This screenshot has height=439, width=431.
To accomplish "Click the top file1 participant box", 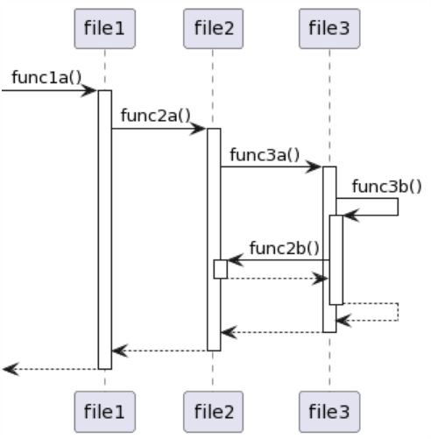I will (104, 29).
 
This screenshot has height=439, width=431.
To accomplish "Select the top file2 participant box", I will (213, 29).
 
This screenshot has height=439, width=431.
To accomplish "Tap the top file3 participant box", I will (329, 29).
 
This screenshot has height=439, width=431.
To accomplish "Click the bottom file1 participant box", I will (104, 410).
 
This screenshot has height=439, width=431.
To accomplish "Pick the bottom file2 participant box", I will (213, 410).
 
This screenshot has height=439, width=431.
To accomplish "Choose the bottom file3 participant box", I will (329, 410).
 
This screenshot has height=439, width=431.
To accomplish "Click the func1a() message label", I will (46, 77).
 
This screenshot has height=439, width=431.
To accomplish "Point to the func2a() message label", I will (156, 116).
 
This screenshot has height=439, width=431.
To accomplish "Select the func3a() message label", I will (265, 154).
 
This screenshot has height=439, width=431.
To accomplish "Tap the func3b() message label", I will (386, 186).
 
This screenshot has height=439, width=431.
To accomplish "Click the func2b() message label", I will (285, 247).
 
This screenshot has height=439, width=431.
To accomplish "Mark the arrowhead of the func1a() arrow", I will (91, 90).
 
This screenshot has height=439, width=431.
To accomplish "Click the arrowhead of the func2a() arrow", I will (201, 129).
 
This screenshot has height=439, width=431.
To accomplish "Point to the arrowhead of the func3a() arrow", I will (317, 167).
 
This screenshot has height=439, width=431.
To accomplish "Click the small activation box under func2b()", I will (221, 269).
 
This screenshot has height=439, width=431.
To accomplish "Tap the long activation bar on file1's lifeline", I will (104, 228).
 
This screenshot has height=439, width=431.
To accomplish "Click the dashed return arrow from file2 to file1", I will (162, 350).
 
